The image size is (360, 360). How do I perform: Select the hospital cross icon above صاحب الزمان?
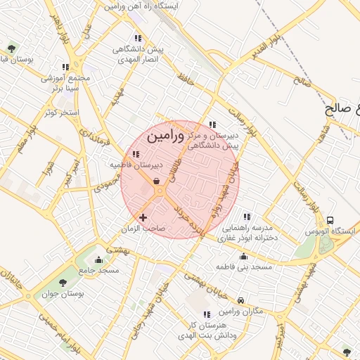144,218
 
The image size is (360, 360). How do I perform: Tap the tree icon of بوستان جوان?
63,283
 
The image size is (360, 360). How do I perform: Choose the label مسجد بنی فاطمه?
244,267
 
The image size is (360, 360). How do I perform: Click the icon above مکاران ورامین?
241,299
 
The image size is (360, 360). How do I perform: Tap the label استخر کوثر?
62,112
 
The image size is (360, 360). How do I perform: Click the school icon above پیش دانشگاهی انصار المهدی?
136,38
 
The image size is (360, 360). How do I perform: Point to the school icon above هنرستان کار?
206,314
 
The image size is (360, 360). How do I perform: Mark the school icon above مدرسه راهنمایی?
245,217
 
